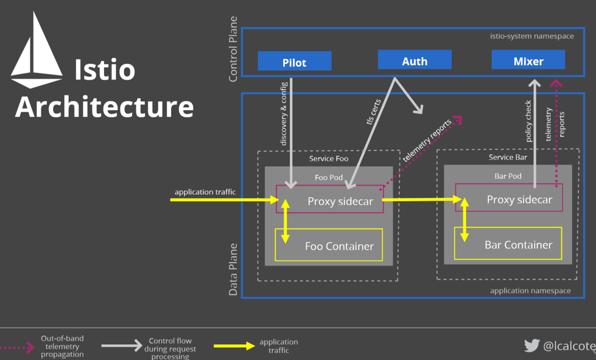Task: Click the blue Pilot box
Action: pos(295,61)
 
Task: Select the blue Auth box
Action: pos(415,60)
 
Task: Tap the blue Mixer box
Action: pos(528,60)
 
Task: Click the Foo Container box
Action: pos(329,245)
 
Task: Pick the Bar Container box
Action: pos(508,244)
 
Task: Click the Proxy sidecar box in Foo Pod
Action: pos(330,200)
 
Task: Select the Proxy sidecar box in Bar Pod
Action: pos(509,198)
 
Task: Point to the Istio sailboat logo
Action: pos(37,52)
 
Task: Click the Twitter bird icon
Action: pos(531,345)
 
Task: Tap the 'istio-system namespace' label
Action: pos(531,36)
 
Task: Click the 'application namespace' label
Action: pos(530,291)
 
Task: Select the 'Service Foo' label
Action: pos(329,158)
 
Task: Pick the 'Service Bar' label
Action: pos(508,157)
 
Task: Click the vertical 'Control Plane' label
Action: pos(233,49)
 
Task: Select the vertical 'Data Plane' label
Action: pos(233,269)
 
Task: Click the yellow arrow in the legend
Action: pos(234,346)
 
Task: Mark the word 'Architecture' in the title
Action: pos(104,106)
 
